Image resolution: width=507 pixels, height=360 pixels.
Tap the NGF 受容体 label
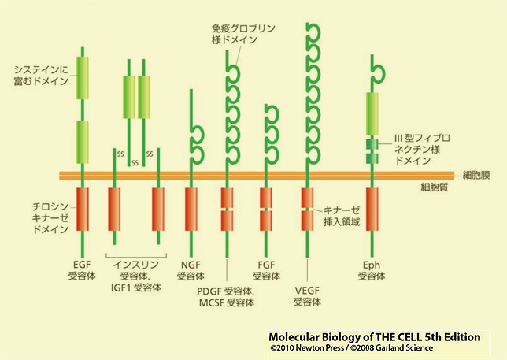(x=191, y=269)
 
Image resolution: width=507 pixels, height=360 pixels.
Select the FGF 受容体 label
(x=265, y=269)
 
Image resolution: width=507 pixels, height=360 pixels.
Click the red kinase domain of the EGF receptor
(x=82, y=208)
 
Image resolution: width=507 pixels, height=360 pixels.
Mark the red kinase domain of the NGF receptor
(x=191, y=208)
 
